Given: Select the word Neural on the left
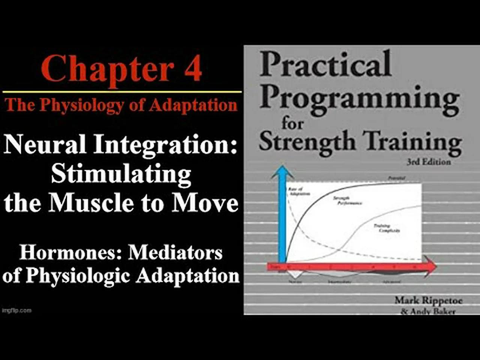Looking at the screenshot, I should click(45, 145).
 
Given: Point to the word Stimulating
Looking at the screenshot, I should click(121, 174).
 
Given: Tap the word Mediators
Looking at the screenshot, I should click(175, 252).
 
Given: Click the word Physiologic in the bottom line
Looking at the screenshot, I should click(78, 276).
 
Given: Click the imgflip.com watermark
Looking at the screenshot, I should click(16, 310).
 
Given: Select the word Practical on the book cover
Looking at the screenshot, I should click(325, 64).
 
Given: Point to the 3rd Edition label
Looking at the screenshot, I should click(429, 162).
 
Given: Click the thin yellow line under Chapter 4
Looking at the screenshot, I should click(122, 91).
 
